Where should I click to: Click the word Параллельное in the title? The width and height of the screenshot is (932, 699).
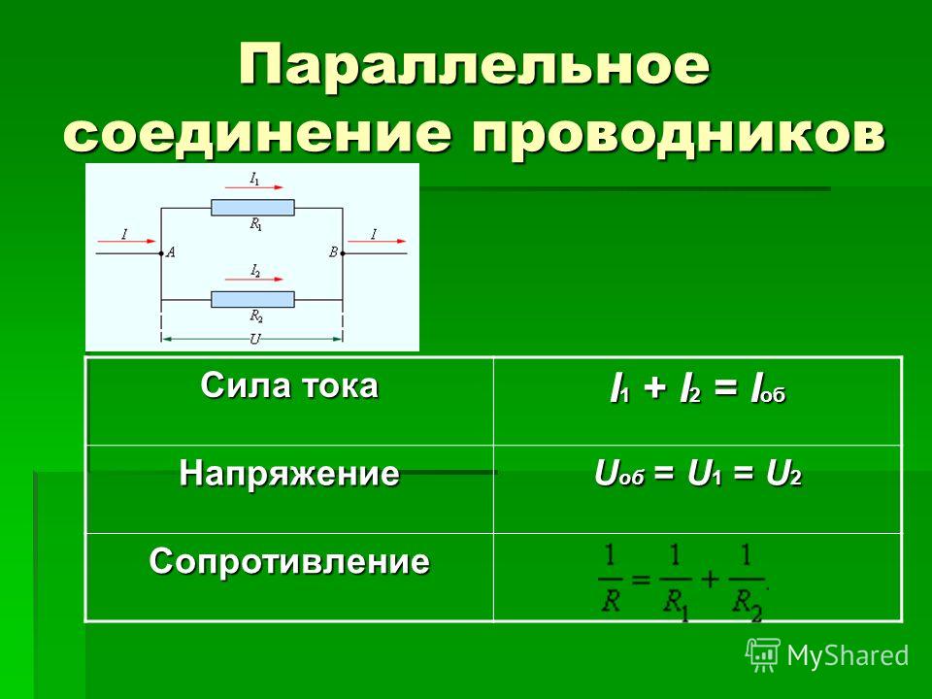(x=475, y=65)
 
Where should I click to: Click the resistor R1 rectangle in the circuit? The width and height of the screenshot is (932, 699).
(x=252, y=208)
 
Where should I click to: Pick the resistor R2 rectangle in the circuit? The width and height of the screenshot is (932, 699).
(x=252, y=299)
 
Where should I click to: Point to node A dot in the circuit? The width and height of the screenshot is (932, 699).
(x=161, y=253)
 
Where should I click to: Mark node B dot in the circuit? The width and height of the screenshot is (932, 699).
(x=343, y=253)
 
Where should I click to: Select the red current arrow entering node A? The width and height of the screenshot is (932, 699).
(x=127, y=242)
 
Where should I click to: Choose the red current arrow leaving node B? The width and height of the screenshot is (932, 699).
(x=377, y=242)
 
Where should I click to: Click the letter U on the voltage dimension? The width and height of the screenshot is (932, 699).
(x=255, y=340)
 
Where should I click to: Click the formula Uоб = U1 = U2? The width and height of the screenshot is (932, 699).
(x=698, y=475)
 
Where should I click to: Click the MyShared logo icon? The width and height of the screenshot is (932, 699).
(x=763, y=655)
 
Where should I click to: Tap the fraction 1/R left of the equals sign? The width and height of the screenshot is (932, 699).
(x=611, y=581)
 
